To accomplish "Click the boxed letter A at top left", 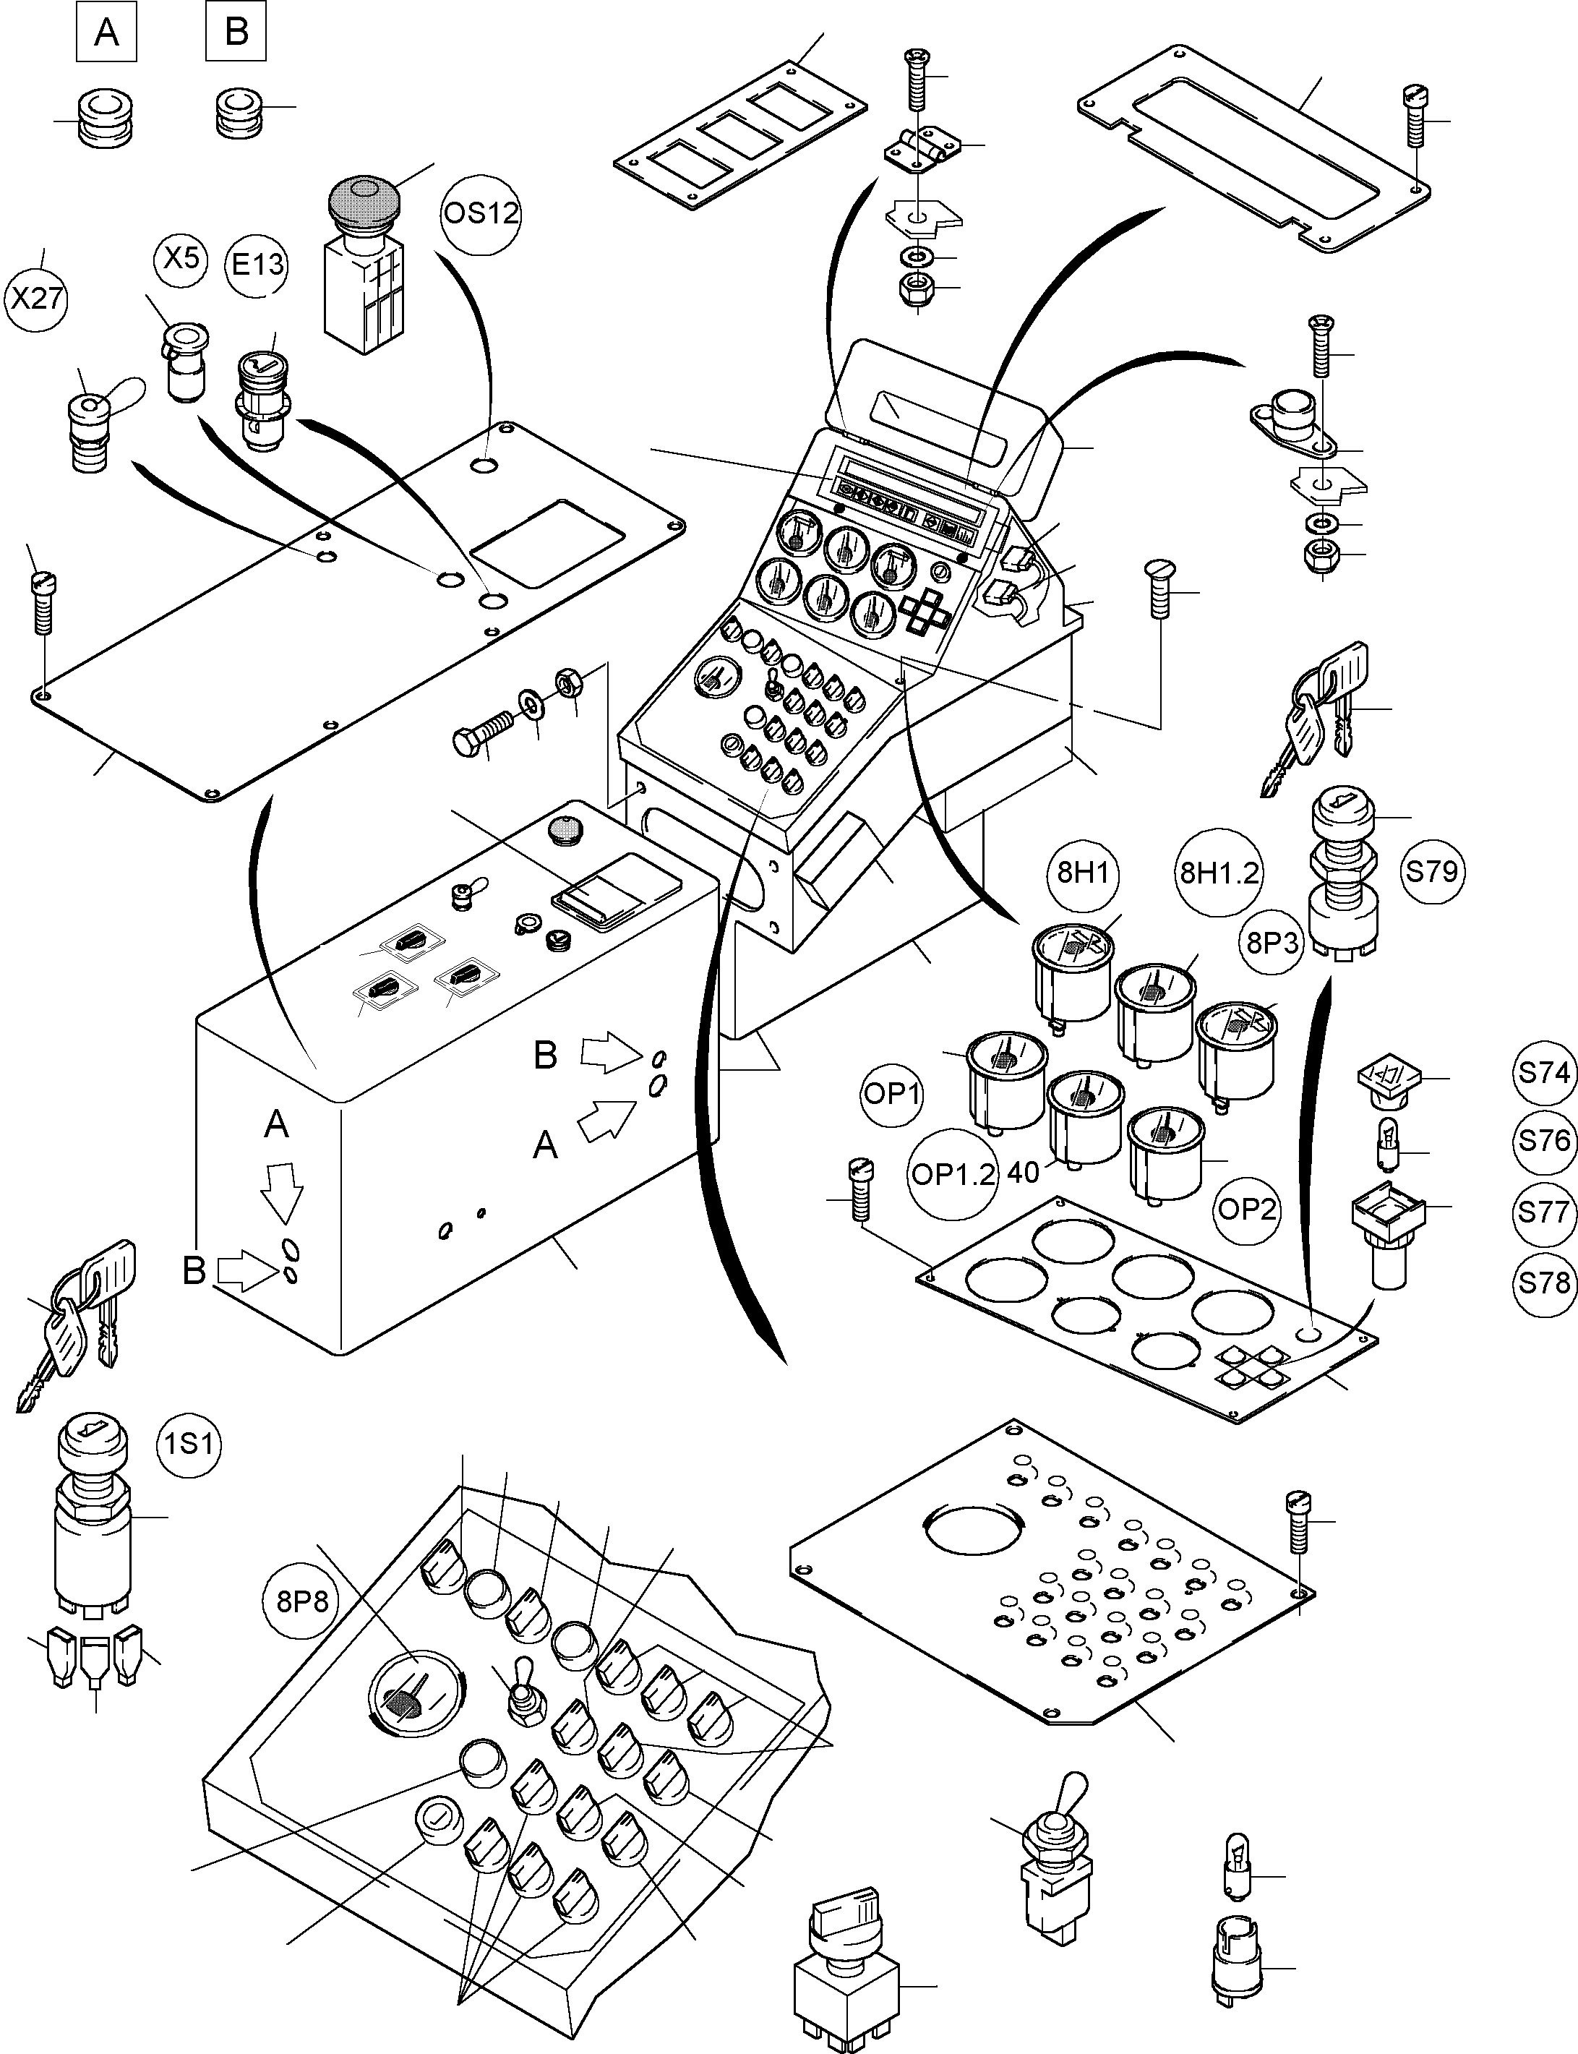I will (106, 32).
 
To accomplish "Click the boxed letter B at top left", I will (236, 32).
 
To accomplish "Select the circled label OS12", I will (480, 213).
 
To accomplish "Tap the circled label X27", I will (37, 299).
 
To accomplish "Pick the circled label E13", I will (257, 264).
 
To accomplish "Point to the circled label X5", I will (181, 257).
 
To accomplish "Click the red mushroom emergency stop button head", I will (364, 199).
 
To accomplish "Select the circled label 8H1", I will (1082, 873).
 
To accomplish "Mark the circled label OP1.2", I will (953, 1175).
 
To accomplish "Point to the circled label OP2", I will (1245, 1209).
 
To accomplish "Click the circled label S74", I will (1544, 1071).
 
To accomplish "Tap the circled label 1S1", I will (189, 1442).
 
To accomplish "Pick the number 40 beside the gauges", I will (1023, 1173).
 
